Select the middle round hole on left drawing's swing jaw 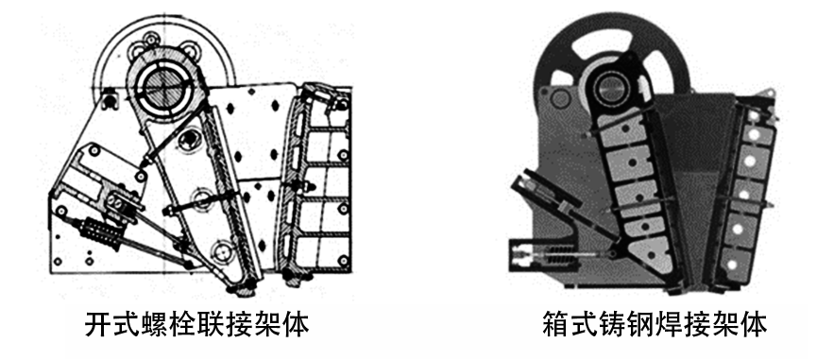tap(201, 197)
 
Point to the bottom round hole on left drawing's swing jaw tap(224, 252)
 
